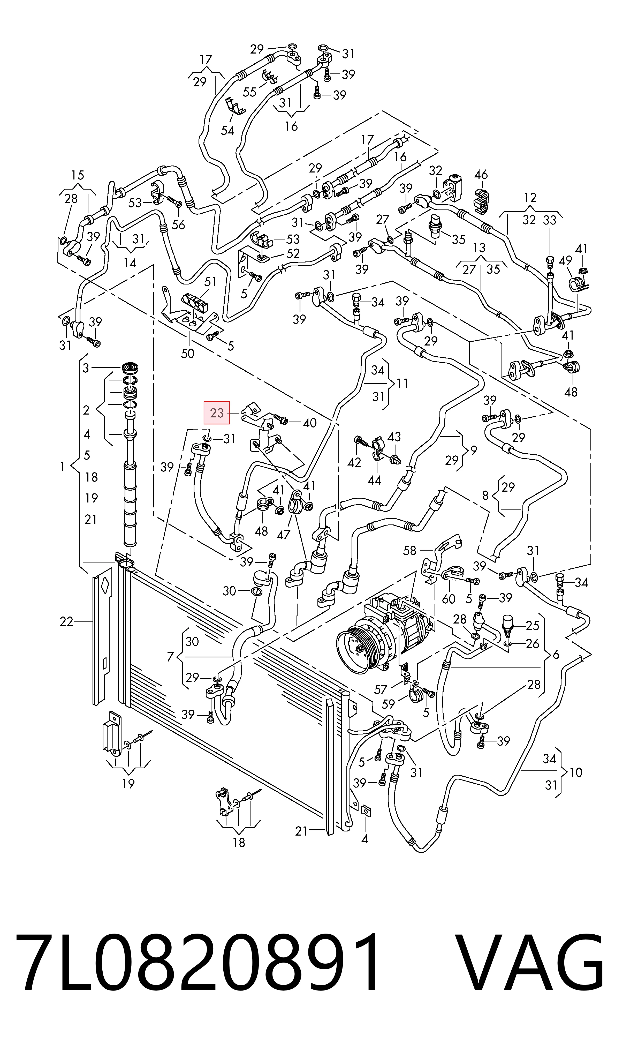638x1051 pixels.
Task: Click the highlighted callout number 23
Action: (217, 413)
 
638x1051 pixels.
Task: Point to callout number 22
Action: (66, 622)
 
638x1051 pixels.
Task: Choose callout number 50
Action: (188, 354)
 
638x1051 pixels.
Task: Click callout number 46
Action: (481, 175)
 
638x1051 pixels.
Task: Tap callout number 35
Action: (458, 239)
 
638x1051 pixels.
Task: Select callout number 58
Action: (409, 551)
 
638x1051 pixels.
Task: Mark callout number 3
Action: (86, 368)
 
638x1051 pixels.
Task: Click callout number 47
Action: (284, 535)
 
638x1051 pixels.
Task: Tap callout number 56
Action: (178, 224)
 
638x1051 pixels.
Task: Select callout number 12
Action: (530, 198)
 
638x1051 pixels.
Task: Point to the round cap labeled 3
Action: (131, 368)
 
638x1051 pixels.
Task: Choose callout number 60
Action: (449, 599)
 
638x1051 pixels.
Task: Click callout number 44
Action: (374, 481)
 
